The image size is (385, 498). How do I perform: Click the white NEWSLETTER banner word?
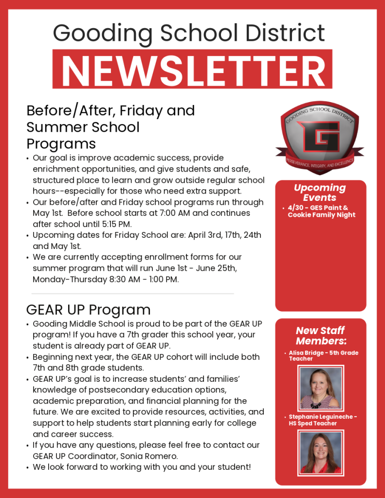point(193,69)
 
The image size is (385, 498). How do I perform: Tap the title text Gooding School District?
point(189,33)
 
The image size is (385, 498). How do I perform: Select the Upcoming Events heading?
point(320,193)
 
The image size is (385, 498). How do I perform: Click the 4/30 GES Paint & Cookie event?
point(321,211)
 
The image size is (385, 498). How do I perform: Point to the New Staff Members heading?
point(321,336)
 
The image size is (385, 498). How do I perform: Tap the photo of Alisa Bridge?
point(320,388)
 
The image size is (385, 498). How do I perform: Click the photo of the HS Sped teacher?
point(320,453)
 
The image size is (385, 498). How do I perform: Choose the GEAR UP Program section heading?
point(88,310)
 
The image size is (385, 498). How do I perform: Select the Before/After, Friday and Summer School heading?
point(110,127)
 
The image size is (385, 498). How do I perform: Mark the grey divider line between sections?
point(132,294)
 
